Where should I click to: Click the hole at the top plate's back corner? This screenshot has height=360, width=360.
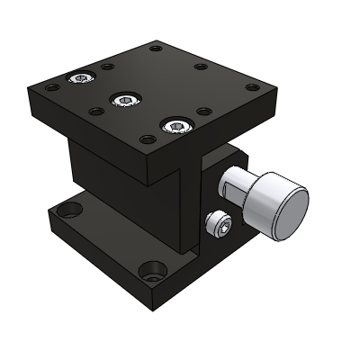point(156,48)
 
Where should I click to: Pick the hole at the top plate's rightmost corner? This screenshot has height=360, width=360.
point(252,88)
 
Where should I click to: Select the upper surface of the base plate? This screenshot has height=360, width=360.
point(99,234)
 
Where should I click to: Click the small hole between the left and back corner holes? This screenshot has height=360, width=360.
point(107,67)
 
